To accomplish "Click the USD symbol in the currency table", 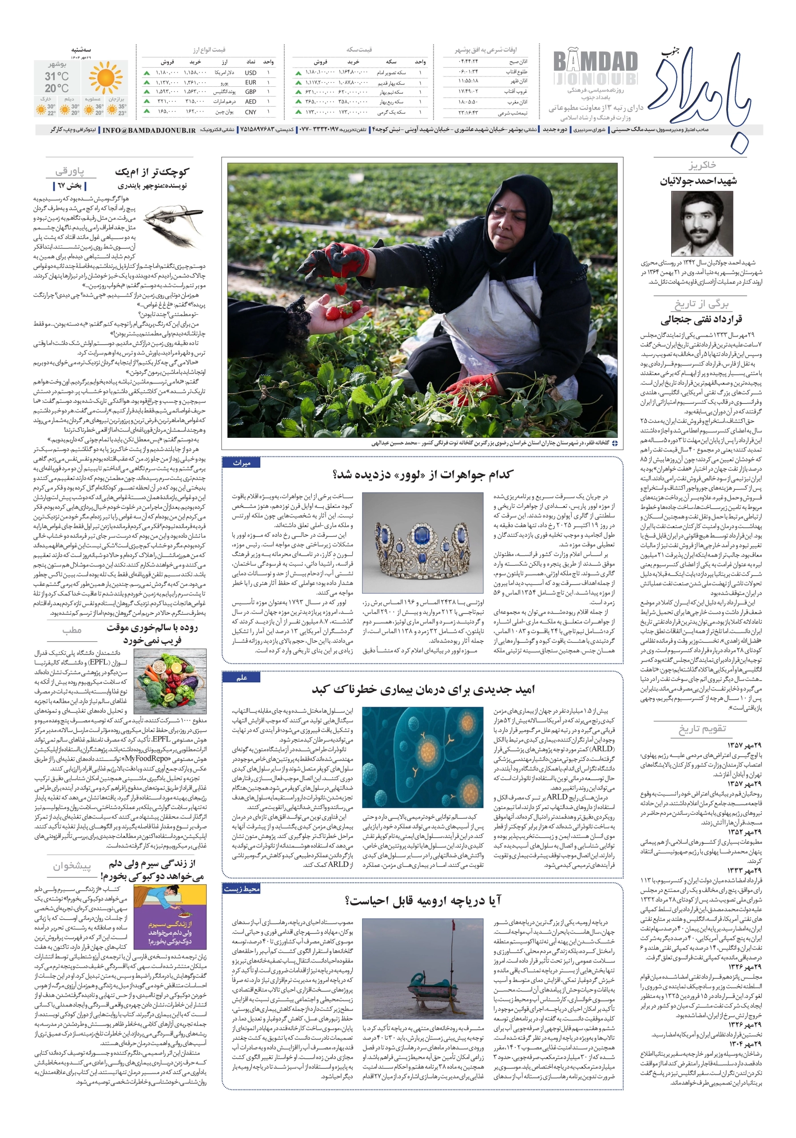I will (x=250, y=73).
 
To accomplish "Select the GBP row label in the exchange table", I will (x=250, y=92).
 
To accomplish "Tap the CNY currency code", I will (x=250, y=112).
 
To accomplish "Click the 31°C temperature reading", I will (x=56, y=76).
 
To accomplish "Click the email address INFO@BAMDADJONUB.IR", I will (x=149, y=130).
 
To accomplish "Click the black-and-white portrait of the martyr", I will (x=702, y=224).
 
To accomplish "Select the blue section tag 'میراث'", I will (x=242, y=463).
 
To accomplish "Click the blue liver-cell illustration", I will (x=422, y=757).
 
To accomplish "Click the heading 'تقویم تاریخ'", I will (x=702, y=729).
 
